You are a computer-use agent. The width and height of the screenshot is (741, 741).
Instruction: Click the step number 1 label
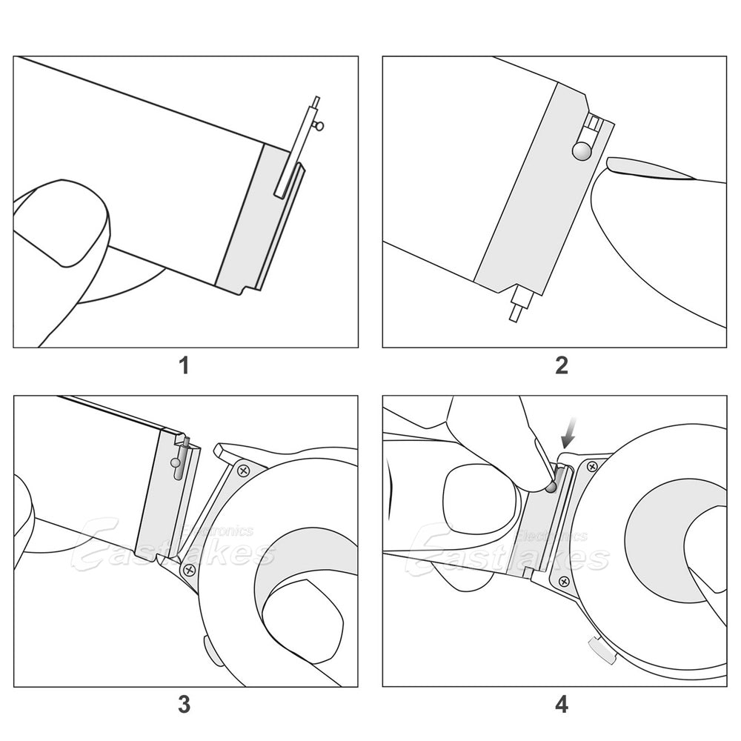tap(184, 365)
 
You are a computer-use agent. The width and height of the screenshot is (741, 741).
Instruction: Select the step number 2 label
tap(562, 365)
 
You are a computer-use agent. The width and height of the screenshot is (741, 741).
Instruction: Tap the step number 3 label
tap(184, 704)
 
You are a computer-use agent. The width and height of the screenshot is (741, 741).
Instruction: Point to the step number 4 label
tap(562, 704)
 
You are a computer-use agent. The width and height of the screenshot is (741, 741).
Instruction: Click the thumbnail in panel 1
tap(63, 222)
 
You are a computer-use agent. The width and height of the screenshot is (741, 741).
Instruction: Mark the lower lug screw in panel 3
tap(189, 569)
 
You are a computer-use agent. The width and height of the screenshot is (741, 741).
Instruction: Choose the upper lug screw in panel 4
tap(591, 466)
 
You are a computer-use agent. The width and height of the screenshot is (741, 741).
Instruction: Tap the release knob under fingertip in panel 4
tap(550, 487)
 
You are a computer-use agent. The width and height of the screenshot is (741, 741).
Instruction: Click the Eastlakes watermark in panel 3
tap(170, 547)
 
